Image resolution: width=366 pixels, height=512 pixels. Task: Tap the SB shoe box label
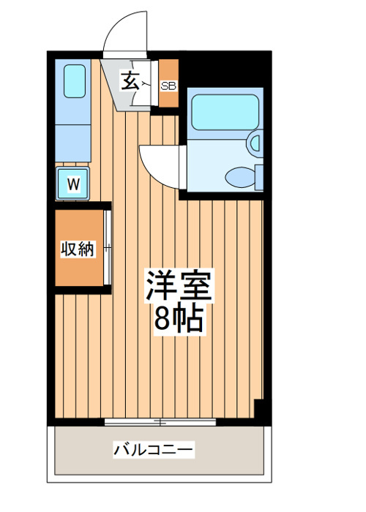pyautogui.click(x=168, y=86)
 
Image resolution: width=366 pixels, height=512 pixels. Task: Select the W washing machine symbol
pyautogui.click(x=73, y=183)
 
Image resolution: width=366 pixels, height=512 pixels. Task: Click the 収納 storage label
pyautogui.click(x=78, y=249)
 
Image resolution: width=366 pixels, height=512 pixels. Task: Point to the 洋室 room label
pyautogui.click(x=179, y=285)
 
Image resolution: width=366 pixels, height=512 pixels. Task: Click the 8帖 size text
pyautogui.click(x=179, y=319)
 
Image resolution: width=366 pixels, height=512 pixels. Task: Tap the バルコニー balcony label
pyautogui.click(x=153, y=450)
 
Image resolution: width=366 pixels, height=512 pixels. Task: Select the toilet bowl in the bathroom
pyautogui.click(x=240, y=178)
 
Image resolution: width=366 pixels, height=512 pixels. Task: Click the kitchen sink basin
pyautogui.click(x=75, y=81)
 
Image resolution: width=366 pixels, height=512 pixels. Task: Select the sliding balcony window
pyautogui.click(x=160, y=422)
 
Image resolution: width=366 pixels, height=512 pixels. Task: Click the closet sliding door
pyautogui.click(x=108, y=247)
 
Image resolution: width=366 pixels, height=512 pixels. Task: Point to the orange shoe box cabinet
pyautogui.click(x=168, y=83)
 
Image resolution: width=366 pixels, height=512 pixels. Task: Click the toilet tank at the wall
pyautogui.click(x=259, y=178)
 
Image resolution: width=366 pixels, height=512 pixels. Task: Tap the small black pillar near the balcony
pyautogui.click(x=259, y=408)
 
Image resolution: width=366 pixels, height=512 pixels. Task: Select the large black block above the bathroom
pyautogui.click(x=225, y=69)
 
